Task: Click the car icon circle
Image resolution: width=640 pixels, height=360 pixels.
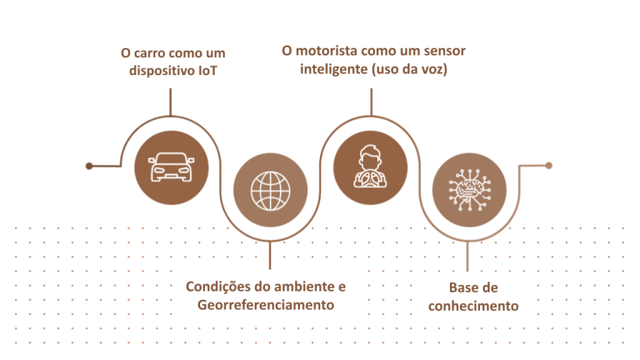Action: [171, 167]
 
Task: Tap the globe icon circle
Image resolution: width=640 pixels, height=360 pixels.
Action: [270, 190]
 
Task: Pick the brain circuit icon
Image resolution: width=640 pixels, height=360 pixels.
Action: [469, 190]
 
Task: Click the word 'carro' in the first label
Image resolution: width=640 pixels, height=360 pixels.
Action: [149, 54]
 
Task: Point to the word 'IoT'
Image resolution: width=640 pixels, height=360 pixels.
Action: [207, 71]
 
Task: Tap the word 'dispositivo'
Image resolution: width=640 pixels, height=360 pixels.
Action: [162, 71]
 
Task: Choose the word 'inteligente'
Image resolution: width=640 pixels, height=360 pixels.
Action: [334, 69]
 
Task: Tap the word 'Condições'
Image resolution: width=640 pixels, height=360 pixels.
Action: [218, 287]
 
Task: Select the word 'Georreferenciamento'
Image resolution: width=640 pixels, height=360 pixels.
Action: [266, 305]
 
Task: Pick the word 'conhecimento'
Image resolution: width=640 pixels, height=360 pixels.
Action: [474, 306]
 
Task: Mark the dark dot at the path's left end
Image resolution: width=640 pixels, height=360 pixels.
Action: [89, 166]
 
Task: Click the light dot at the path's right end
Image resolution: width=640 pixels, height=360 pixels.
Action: [549, 165]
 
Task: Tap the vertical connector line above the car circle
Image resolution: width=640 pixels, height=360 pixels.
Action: [170, 102]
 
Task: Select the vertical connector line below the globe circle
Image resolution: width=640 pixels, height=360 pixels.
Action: [270, 255]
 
